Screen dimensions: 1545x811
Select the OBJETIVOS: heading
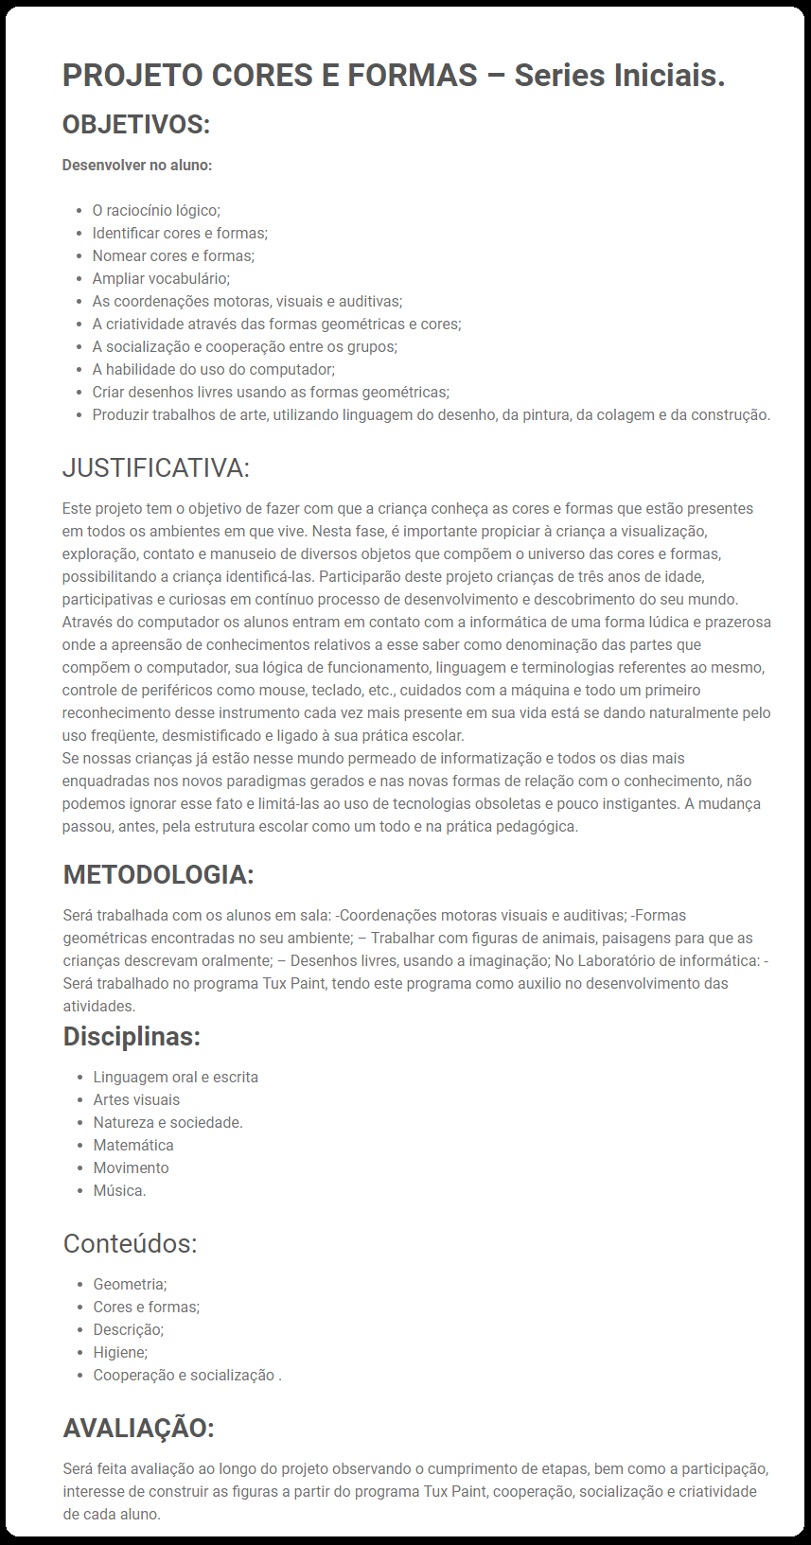(136, 124)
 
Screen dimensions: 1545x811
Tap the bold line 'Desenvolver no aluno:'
(137, 166)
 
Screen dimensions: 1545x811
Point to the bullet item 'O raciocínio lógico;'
(156, 211)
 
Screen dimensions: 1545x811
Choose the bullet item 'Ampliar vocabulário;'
(161, 279)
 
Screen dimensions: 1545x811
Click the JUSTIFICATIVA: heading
(156, 467)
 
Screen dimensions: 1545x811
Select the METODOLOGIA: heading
(158, 874)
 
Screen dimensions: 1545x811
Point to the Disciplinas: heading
(132, 1037)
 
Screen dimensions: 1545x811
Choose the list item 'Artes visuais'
(136, 1100)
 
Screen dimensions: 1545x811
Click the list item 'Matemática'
(133, 1146)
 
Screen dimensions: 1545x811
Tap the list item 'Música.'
(119, 1191)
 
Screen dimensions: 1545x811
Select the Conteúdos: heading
(130, 1243)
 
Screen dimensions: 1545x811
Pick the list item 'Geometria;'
(130, 1285)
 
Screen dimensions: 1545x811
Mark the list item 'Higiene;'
(120, 1353)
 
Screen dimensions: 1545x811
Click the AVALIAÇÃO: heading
(138, 1428)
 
